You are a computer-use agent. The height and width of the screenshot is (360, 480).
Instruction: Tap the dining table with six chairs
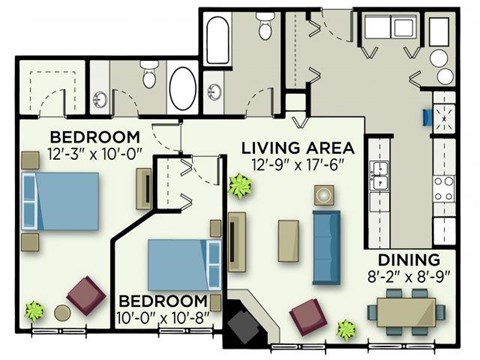(x=407, y=312)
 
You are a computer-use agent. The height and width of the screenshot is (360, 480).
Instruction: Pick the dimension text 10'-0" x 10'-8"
(x=165, y=319)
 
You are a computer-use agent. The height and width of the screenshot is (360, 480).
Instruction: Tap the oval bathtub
(x=183, y=88)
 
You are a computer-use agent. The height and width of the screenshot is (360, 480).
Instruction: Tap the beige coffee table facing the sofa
(x=288, y=240)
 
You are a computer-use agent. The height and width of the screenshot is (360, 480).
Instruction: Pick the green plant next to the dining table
(x=347, y=328)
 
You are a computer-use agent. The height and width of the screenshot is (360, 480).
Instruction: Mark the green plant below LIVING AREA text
(x=240, y=186)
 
